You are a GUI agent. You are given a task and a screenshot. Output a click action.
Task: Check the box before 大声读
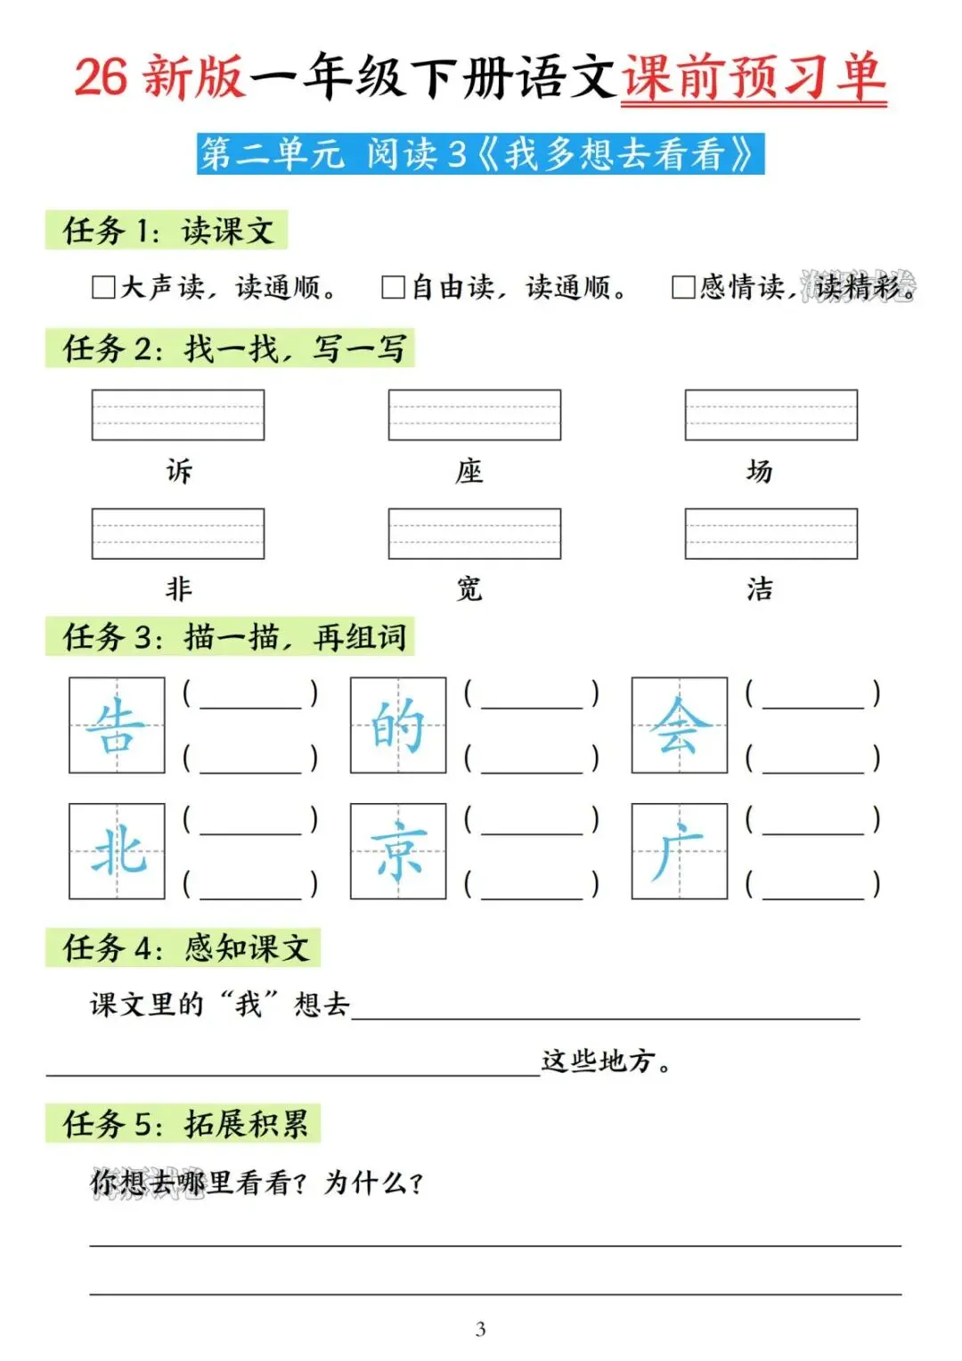click(x=103, y=287)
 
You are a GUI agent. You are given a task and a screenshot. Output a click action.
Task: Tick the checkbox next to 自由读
click(x=393, y=287)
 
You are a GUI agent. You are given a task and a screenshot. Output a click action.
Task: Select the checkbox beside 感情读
click(x=683, y=287)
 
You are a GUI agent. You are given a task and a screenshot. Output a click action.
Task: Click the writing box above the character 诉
click(x=178, y=414)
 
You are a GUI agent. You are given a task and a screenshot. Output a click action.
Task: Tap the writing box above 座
click(x=474, y=414)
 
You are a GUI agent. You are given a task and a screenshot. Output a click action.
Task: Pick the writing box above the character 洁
click(x=770, y=533)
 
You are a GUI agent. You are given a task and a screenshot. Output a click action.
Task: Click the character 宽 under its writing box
click(x=469, y=588)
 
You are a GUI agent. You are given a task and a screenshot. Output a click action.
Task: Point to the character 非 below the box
click(x=178, y=588)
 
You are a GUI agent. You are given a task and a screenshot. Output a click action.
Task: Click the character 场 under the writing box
click(x=759, y=471)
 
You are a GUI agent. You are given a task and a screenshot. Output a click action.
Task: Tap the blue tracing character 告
click(x=117, y=725)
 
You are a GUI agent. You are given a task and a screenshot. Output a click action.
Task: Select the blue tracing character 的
click(x=397, y=725)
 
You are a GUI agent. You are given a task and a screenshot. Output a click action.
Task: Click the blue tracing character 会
click(x=679, y=725)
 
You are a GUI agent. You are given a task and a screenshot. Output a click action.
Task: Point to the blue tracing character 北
click(x=117, y=850)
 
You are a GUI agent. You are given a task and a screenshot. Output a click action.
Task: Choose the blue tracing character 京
click(x=397, y=850)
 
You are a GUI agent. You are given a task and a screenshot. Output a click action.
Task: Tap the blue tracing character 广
click(x=679, y=850)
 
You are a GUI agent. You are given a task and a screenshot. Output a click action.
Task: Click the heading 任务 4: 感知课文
click(x=184, y=947)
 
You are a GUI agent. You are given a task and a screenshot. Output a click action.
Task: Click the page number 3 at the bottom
click(x=480, y=1329)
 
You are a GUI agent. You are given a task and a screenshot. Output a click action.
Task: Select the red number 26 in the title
click(x=101, y=77)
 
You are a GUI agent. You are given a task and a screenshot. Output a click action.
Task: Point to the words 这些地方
click(x=599, y=1061)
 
